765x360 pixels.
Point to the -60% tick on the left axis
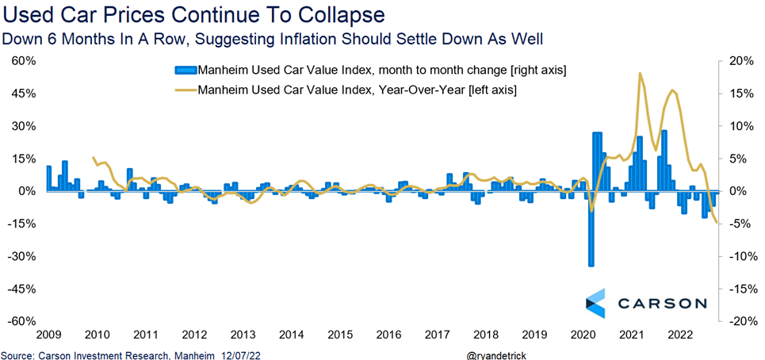point(22,321)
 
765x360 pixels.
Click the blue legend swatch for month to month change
point(187,71)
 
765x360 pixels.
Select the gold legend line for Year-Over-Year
point(187,90)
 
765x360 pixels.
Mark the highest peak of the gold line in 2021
point(640,73)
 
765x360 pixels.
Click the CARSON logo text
point(658,303)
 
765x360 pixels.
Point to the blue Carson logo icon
point(595,302)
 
